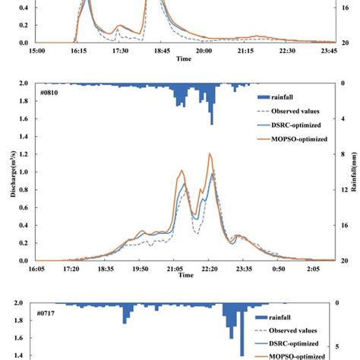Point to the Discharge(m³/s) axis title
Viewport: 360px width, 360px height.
click(x=14, y=172)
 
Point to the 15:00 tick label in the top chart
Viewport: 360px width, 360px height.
click(x=37, y=51)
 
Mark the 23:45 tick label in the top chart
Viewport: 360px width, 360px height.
click(x=328, y=51)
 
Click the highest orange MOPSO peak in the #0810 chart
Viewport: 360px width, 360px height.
click(x=210, y=154)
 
